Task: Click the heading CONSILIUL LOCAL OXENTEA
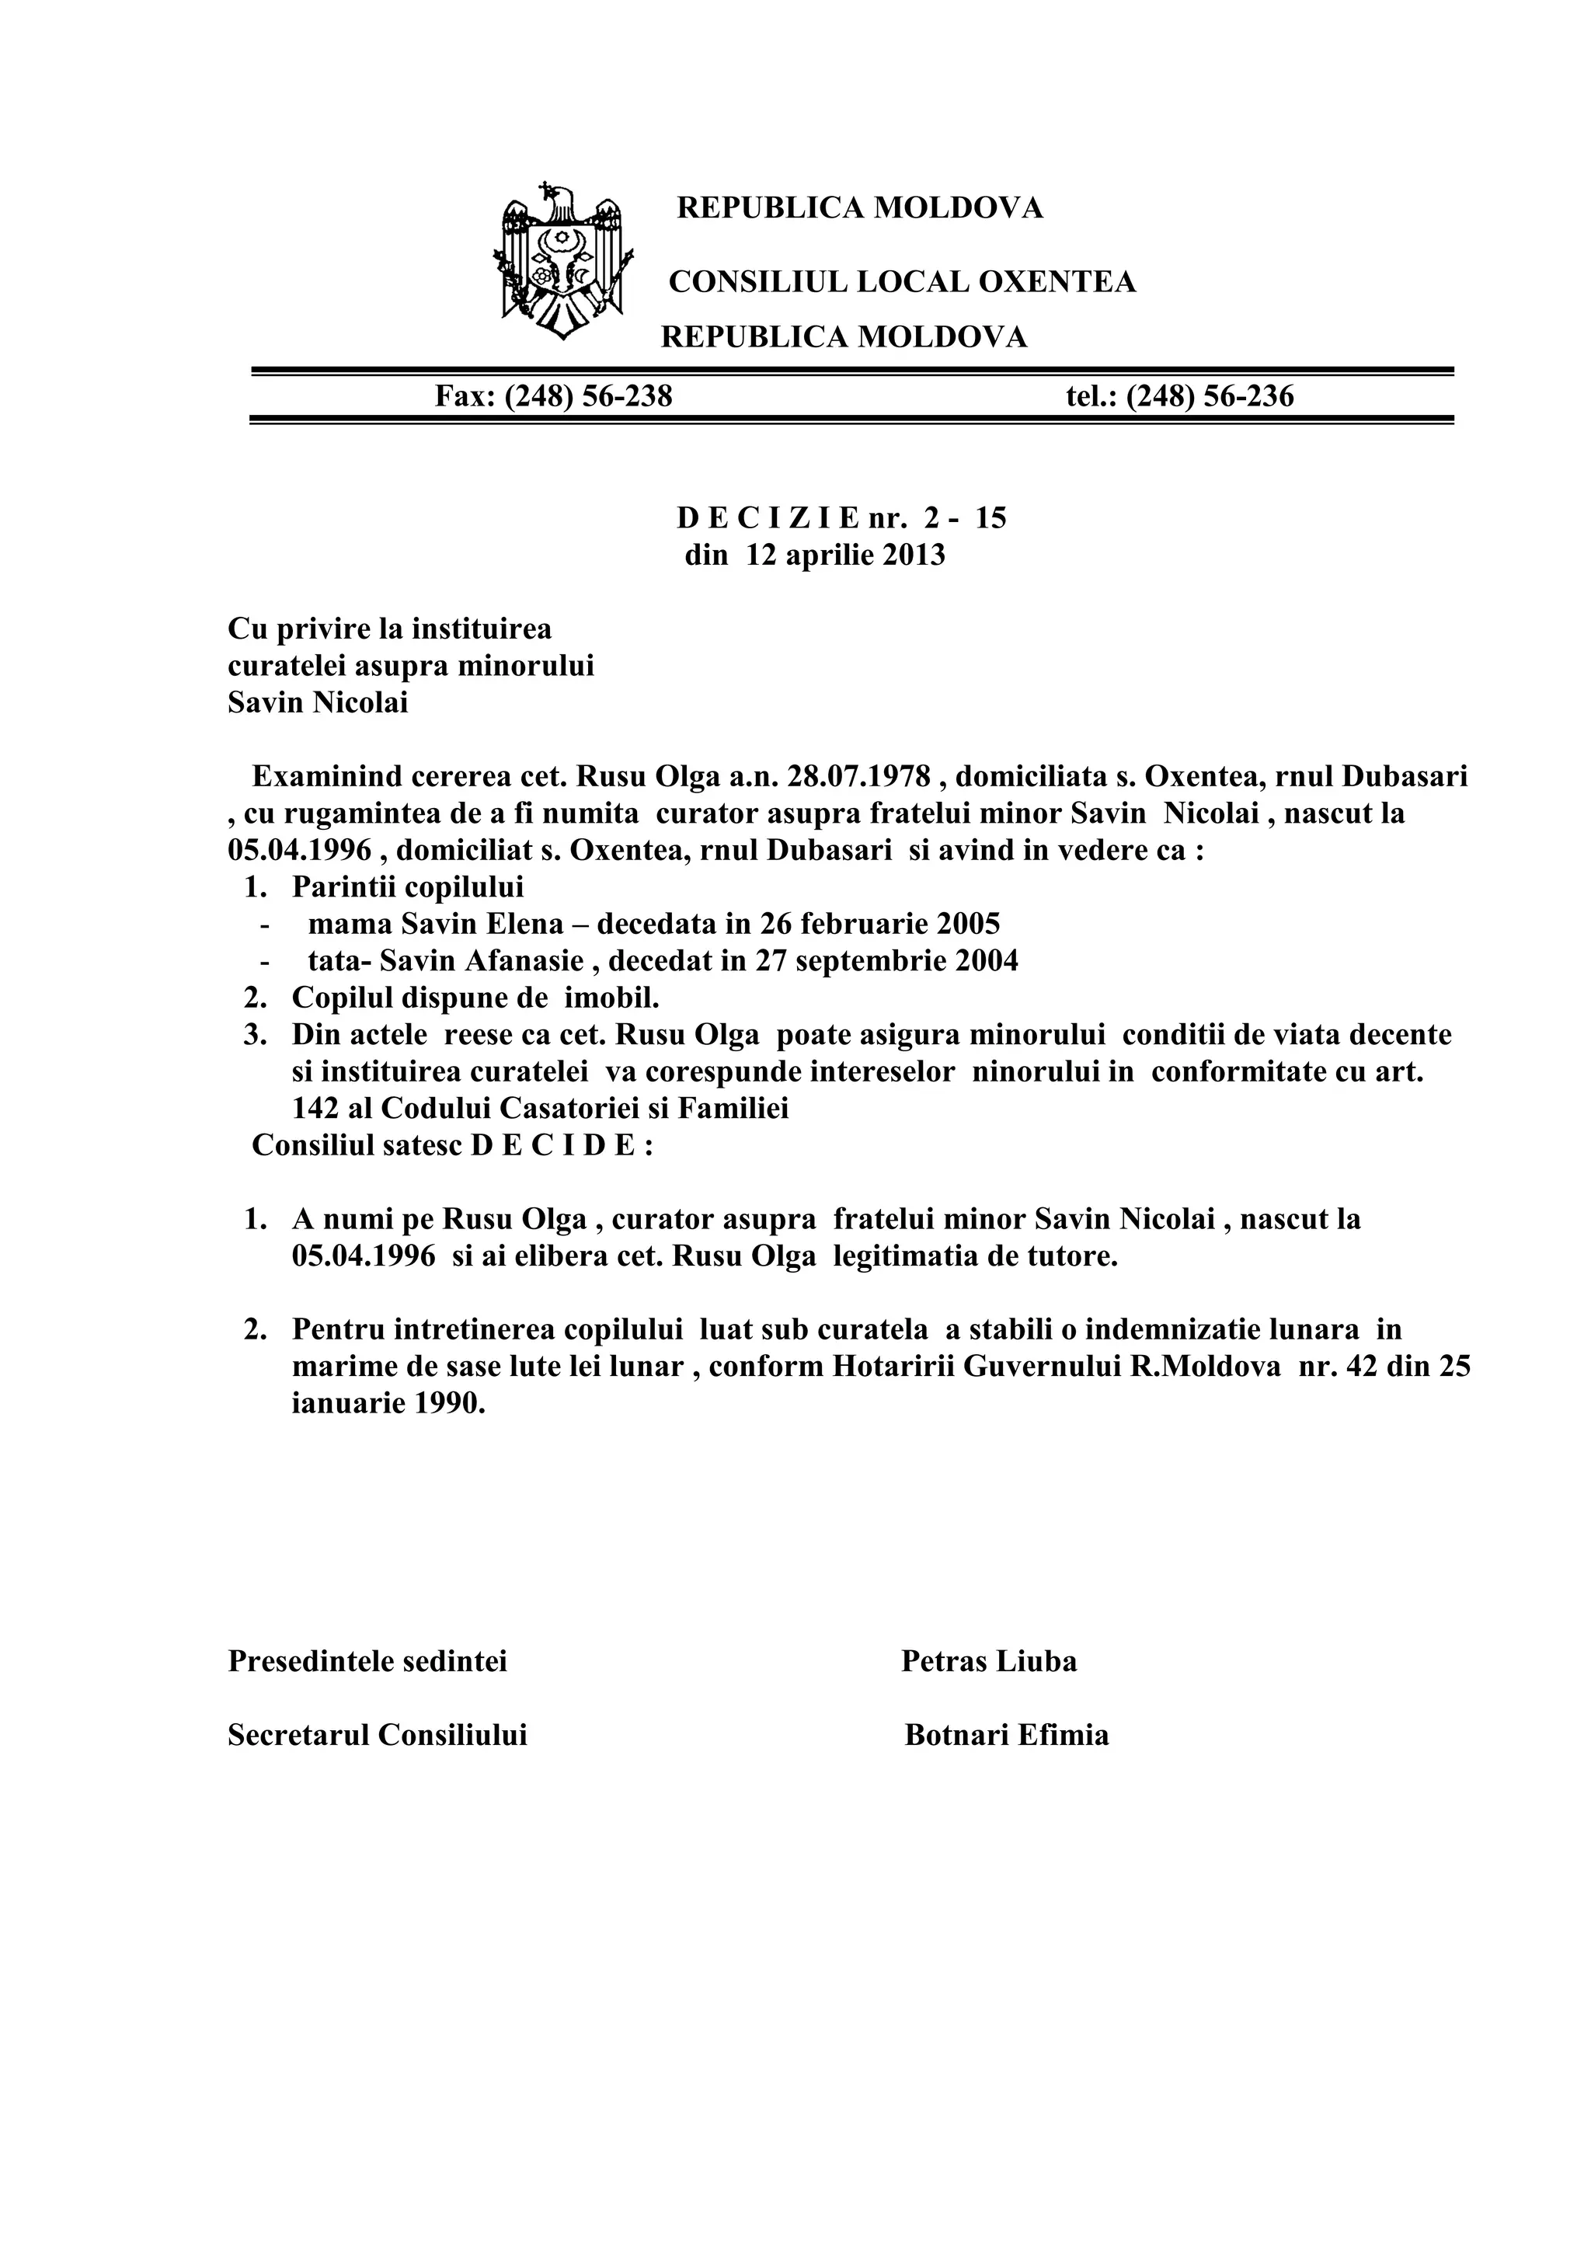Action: click(901, 282)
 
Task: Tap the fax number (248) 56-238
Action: click(588, 396)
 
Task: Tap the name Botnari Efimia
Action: click(1006, 1736)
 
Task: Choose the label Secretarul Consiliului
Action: click(378, 1736)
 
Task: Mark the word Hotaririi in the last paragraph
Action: click(893, 1367)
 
